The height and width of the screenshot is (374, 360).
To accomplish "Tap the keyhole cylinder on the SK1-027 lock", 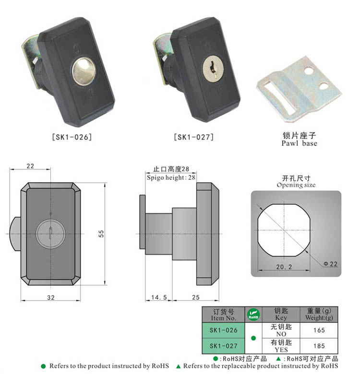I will [211, 69].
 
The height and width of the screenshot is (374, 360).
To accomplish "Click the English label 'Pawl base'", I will [299, 143].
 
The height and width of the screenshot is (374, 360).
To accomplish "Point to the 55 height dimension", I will [101, 233].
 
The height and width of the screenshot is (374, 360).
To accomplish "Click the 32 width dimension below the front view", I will [50, 297].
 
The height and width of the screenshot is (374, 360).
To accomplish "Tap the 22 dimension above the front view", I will [30, 166].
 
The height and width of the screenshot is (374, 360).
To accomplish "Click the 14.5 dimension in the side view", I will [159, 297].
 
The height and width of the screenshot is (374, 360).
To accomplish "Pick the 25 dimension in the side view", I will [195, 297].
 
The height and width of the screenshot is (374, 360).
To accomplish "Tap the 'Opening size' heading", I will [296, 185].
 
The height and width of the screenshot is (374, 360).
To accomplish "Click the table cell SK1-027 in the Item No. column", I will [224, 345].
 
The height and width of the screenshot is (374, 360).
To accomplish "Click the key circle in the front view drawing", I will [50, 234].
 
